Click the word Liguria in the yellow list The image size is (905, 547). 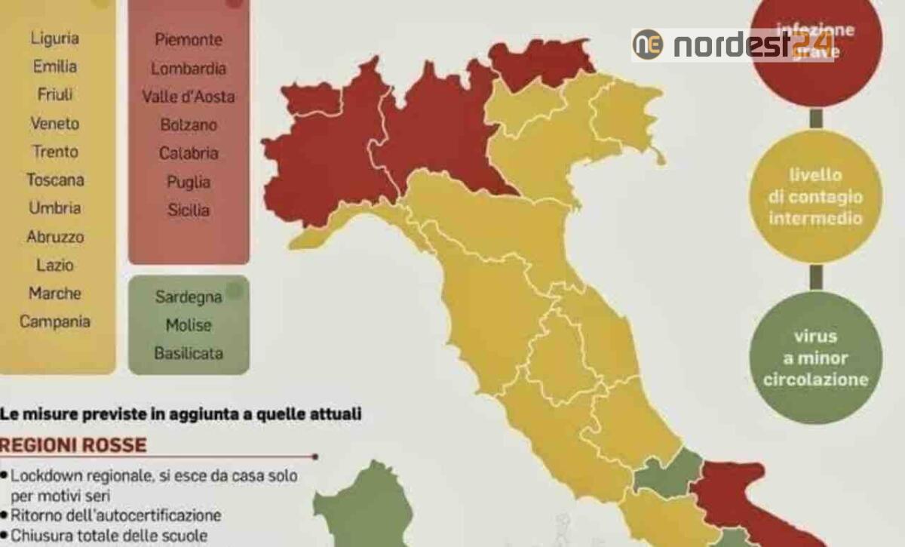pyautogui.click(x=55, y=38)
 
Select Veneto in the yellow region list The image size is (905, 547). pyautogui.click(x=55, y=123)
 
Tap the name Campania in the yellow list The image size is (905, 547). pyautogui.click(x=55, y=321)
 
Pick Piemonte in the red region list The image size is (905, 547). pyautogui.click(x=189, y=39)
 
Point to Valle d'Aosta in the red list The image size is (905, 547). pyautogui.click(x=189, y=97)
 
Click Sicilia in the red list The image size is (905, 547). pyautogui.click(x=189, y=211)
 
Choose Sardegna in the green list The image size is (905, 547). pyautogui.click(x=189, y=297)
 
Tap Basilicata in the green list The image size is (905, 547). pyautogui.click(x=189, y=353)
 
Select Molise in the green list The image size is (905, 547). pyautogui.click(x=189, y=325)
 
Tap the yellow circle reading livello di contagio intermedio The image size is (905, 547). pyautogui.click(x=815, y=196)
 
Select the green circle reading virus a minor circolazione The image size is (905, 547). pyautogui.click(x=815, y=358)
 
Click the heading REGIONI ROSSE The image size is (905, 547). pyautogui.click(x=74, y=444)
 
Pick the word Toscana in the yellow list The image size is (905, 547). pyautogui.click(x=55, y=180)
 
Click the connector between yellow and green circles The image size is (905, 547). pyautogui.click(x=815, y=276)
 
